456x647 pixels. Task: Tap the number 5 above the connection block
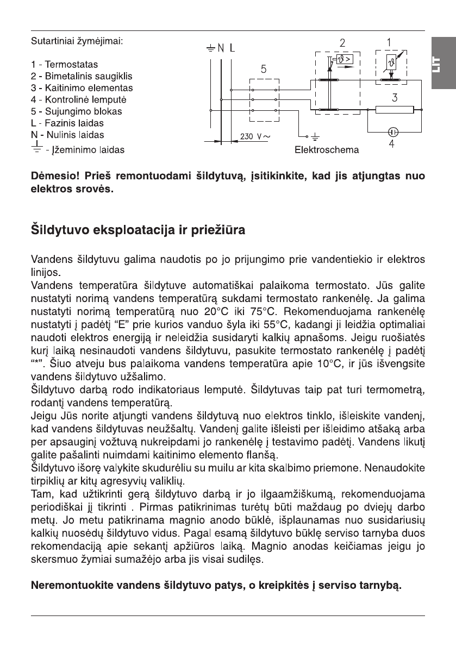(x=263, y=69)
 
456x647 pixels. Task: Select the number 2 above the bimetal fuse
(x=342, y=42)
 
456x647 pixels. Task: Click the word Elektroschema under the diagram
(x=326, y=149)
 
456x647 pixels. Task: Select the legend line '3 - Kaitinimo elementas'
(x=82, y=88)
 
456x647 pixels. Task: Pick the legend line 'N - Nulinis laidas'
(x=67, y=134)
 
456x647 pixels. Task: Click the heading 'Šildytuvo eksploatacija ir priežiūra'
(x=139, y=230)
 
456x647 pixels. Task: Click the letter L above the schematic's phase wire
(x=234, y=48)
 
